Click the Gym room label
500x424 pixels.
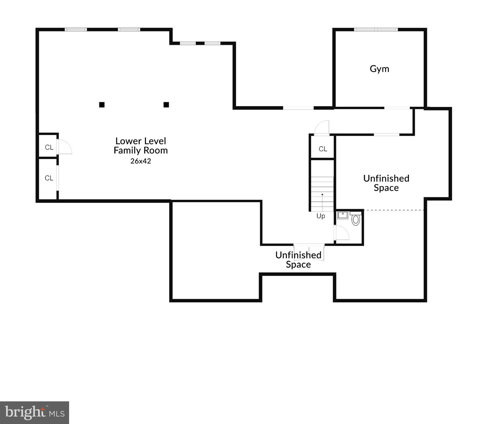(x=379, y=69)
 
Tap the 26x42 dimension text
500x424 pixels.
(x=141, y=161)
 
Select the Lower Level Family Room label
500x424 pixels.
(x=141, y=145)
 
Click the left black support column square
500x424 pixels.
(x=102, y=105)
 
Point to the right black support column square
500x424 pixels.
(x=166, y=105)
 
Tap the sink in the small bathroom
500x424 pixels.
(x=343, y=215)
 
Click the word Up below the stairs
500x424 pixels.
(x=321, y=216)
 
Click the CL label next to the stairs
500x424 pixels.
(x=323, y=149)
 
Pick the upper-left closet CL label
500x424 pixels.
(x=49, y=147)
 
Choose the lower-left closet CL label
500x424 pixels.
(x=49, y=178)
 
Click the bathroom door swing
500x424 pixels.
(x=342, y=233)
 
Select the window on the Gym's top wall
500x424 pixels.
(x=376, y=30)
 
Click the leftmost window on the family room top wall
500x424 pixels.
(x=76, y=30)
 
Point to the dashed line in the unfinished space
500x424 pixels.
(x=394, y=210)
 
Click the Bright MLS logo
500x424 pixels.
(x=35, y=412)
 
